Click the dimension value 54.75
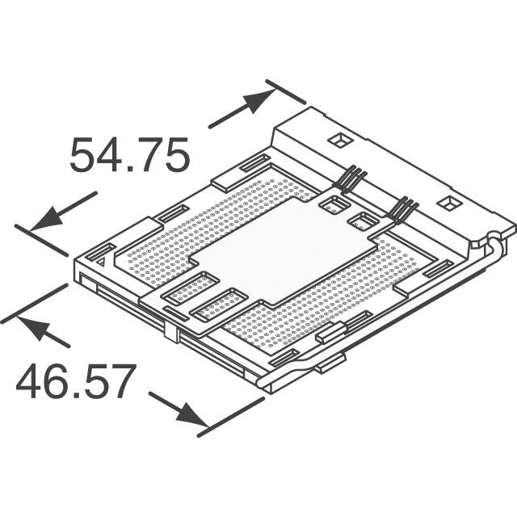click(x=129, y=155)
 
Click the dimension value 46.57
click(x=74, y=382)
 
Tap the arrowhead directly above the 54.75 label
click(x=257, y=103)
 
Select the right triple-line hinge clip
click(x=400, y=212)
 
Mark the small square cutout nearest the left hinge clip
click(x=330, y=205)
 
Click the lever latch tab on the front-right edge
click(x=331, y=364)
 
